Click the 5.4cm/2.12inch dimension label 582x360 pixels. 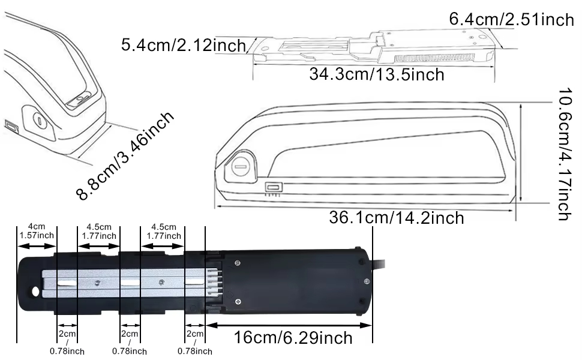184,45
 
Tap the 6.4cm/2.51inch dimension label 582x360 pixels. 511,19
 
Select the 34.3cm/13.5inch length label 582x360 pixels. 377,74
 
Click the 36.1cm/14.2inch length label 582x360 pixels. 397,217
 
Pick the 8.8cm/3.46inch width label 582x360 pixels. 125,155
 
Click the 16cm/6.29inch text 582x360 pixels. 293,338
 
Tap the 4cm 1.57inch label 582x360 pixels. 37,231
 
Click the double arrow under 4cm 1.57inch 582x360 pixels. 37,245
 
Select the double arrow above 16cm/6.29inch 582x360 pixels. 289,325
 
